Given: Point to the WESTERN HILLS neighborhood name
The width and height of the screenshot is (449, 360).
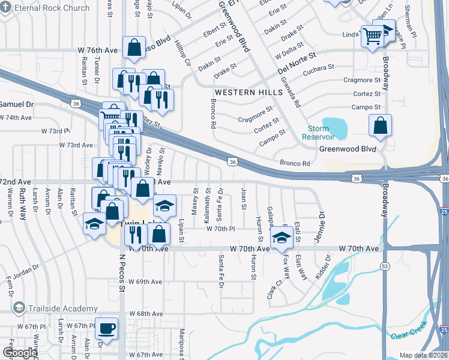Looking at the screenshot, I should click(248, 92).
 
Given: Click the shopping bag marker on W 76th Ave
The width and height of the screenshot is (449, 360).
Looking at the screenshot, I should click(134, 47).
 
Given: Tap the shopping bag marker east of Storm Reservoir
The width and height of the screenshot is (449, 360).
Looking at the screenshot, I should click(380, 127).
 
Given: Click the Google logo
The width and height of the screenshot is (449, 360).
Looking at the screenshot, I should click(20, 353).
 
